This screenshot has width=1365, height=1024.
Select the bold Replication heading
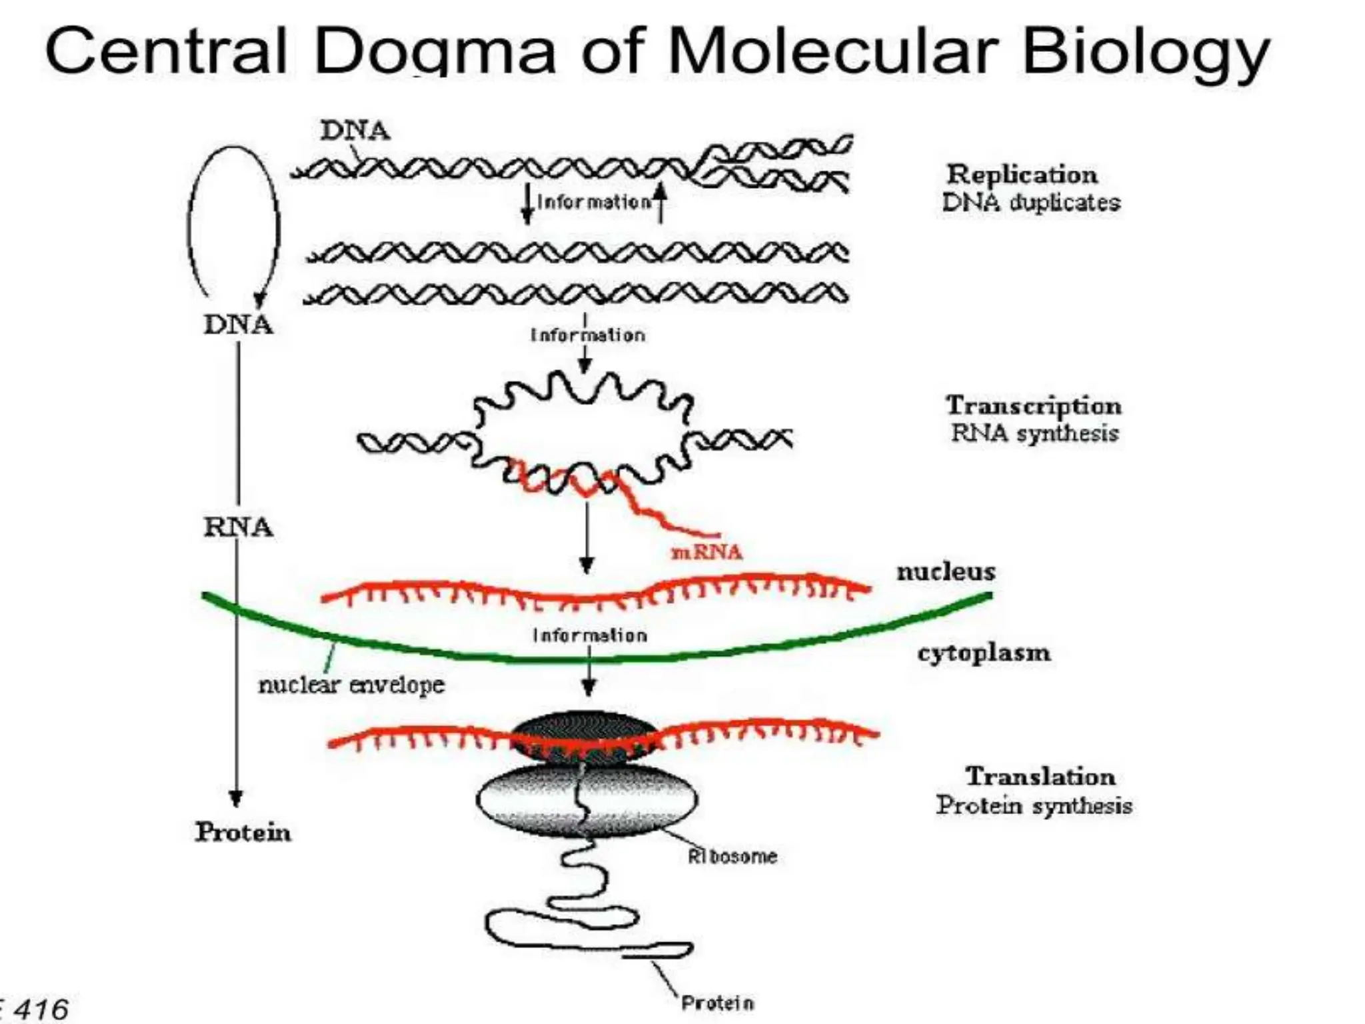pos(1022,175)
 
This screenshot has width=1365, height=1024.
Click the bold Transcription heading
pos(1033,405)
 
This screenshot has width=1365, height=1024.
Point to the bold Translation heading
pos(1040,776)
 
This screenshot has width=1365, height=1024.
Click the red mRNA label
pos(706,552)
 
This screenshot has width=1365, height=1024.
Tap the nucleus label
pos(946,571)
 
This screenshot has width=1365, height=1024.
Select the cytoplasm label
pos(984,652)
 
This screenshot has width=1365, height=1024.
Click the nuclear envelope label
pos(351,685)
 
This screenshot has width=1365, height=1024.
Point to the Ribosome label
pos(732,856)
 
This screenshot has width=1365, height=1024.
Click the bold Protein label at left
pos(243,832)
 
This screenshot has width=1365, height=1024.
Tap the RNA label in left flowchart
pos(238,527)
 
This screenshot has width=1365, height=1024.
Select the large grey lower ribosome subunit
pos(587,800)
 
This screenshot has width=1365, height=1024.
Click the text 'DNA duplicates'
pos(1031,203)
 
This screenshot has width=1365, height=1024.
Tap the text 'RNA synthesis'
pos(1034,433)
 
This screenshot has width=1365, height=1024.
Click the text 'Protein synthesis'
pos(1034,805)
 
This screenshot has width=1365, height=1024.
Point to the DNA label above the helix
pos(355,130)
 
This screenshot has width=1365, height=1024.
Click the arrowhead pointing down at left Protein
pos(236,797)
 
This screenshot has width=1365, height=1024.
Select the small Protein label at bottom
pos(717,1003)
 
